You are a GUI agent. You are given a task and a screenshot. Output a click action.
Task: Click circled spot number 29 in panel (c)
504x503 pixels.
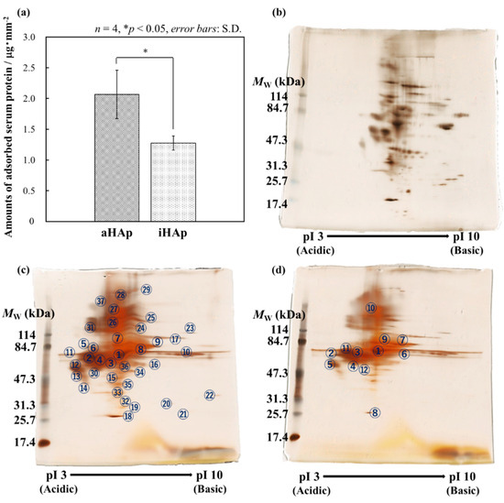(x=146, y=290)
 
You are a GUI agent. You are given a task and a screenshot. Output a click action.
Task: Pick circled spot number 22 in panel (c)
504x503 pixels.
(x=210, y=395)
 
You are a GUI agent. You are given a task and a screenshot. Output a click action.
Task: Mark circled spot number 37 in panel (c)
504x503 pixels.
(x=100, y=301)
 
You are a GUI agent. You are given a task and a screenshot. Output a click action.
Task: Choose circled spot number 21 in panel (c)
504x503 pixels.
(x=183, y=413)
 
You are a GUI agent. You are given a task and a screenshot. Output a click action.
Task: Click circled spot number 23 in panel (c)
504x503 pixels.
(x=190, y=328)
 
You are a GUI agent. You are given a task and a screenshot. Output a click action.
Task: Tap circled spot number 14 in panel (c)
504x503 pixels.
(x=83, y=388)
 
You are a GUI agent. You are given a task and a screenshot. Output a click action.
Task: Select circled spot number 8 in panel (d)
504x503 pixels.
(x=375, y=413)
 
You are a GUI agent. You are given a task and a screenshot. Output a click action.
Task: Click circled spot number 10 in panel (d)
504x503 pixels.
(x=370, y=309)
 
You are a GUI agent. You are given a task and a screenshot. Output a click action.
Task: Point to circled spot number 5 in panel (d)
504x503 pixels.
(x=328, y=364)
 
